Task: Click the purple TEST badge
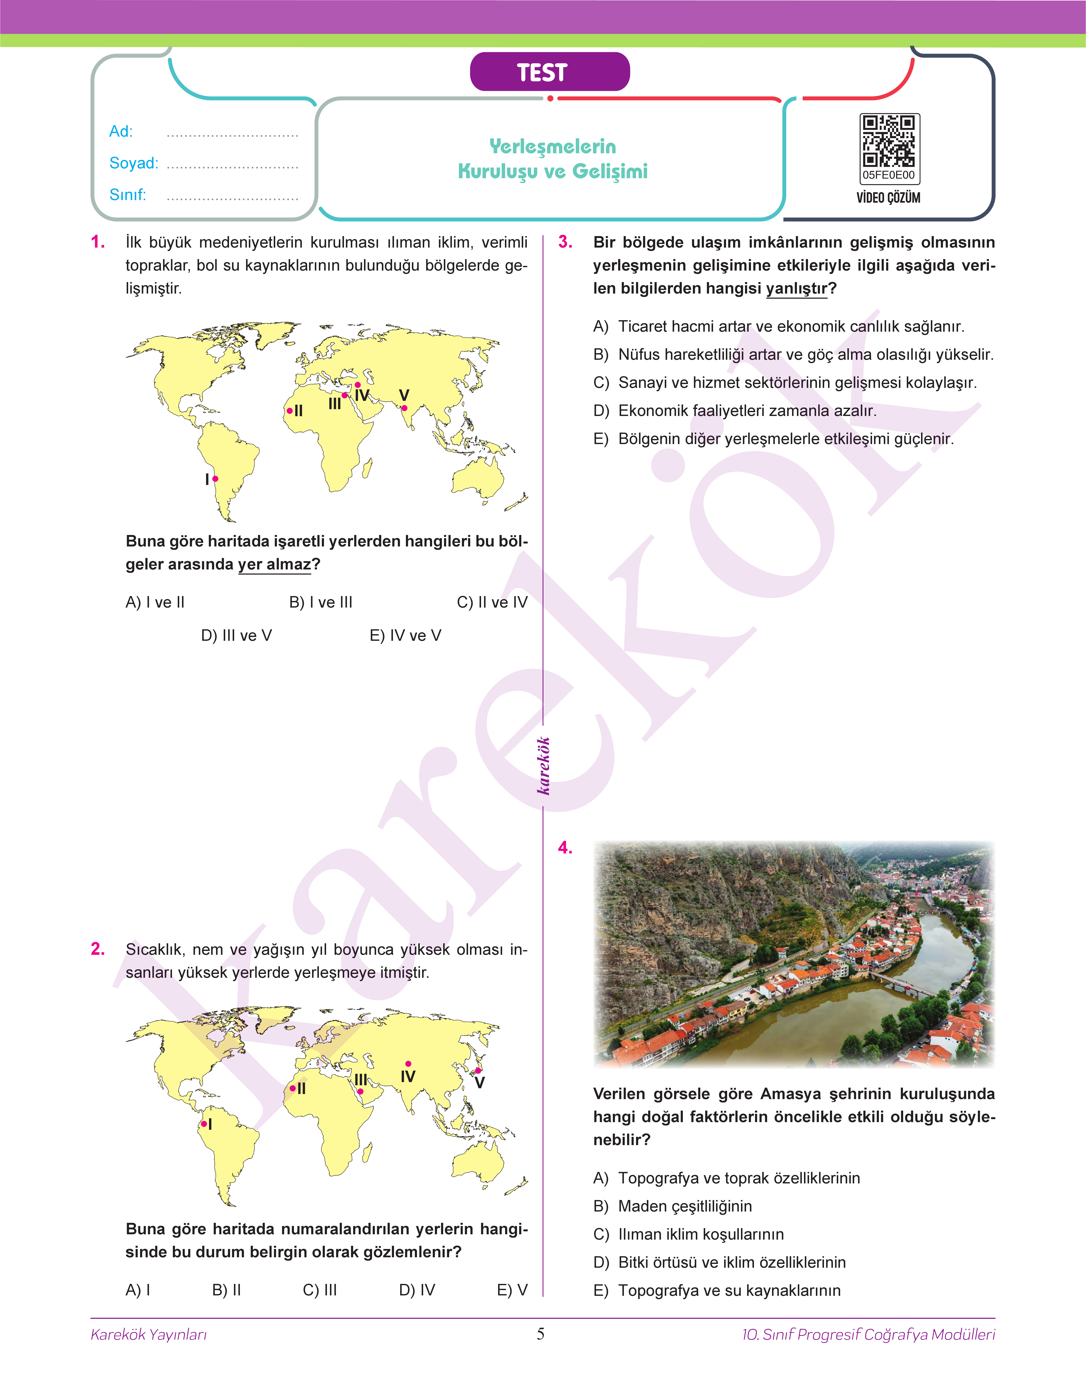click(549, 72)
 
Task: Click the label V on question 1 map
click(404, 395)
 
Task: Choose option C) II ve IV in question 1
click(492, 602)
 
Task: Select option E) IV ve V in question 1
click(405, 635)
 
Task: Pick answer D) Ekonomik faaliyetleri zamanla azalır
click(734, 411)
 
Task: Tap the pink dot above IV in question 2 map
click(408, 1064)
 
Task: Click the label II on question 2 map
click(301, 1088)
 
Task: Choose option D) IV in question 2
click(417, 1290)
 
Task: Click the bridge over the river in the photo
click(903, 984)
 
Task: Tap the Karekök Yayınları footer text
click(149, 1335)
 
